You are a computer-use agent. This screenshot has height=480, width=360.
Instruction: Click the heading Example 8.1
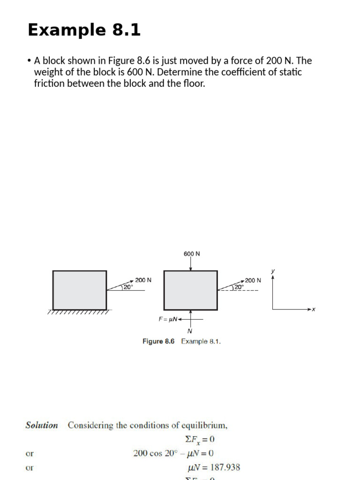click(x=84, y=30)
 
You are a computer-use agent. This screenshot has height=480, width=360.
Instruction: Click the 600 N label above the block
click(x=192, y=254)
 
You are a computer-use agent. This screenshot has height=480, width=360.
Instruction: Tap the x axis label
click(x=314, y=309)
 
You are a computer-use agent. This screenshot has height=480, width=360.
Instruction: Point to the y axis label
click(x=273, y=270)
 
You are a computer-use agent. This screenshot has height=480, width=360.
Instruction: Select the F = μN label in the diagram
click(x=168, y=319)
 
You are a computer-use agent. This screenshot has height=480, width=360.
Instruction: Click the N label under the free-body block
click(x=190, y=331)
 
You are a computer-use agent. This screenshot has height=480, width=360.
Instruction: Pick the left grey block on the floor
click(x=80, y=290)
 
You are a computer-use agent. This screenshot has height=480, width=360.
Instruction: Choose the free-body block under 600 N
click(x=190, y=290)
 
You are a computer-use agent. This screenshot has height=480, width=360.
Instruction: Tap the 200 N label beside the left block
click(x=143, y=280)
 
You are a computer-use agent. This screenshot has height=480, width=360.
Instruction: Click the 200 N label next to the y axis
click(x=253, y=280)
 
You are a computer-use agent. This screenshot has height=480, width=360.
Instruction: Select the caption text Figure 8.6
click(x=158, y=341)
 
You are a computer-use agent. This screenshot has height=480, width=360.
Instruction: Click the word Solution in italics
click(x=42, y=426)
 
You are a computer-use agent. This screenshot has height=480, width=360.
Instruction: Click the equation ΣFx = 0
click(x=199, y=440)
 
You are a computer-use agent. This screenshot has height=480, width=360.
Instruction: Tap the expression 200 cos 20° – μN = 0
click(x=173, y=453)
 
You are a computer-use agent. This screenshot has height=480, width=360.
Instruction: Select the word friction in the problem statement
click(x=49, y=84)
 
